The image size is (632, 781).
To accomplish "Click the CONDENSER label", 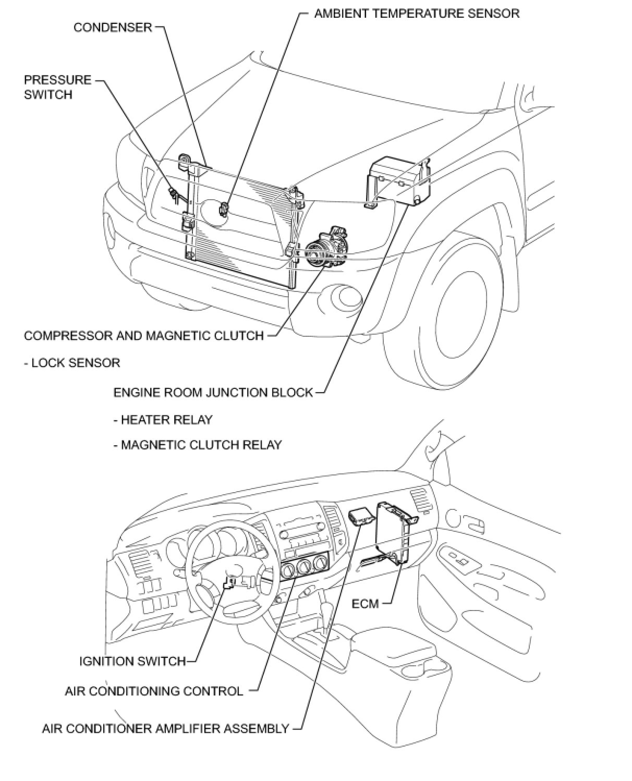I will click(113, 27).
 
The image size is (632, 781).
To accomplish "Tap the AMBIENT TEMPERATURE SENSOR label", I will click(417, 13).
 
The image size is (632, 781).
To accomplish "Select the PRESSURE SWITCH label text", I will click(57, 87).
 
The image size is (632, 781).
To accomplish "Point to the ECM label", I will click(365, 603).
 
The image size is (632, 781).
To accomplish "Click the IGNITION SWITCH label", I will click(132, 661).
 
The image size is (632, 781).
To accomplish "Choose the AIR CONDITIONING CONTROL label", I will click(154, 691).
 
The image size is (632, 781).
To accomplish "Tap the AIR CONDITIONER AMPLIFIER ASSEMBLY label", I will click(165, 728).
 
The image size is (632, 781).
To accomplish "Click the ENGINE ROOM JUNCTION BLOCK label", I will click(213, 392).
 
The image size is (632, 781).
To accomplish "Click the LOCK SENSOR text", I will click(75, 362).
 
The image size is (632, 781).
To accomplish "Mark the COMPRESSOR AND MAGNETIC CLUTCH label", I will click(144, 335).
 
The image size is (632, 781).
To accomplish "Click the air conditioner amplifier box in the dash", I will click(360, 516).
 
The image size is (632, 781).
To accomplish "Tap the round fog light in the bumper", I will click(347, 298).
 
